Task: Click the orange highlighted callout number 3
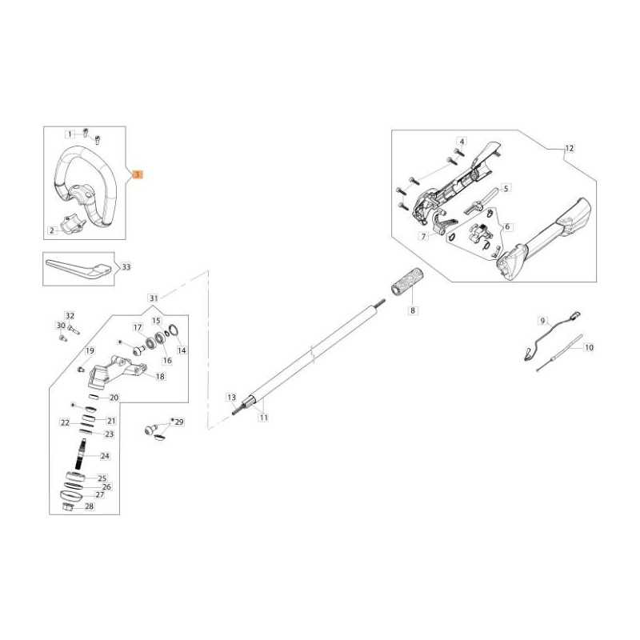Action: [x=138, y=174]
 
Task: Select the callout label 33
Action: [x=126, y=267]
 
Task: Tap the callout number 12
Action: [x=570, y=149]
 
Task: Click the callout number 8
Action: [x=413, y=310]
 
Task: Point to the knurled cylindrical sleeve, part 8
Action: [x=406, y=282]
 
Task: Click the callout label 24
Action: [x=105, y=455]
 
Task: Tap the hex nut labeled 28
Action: [x=67, y=506]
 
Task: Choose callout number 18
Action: [x=161, y=376]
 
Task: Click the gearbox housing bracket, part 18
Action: [x=115, y=371]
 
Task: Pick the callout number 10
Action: [x=589, y=348]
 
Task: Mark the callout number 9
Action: [x=543, y=321]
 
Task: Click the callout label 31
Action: [x=154, y=298]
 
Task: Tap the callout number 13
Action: [x=232, y=398]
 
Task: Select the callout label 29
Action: [x=179, y=422]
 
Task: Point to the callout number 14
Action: [x=182, y=350]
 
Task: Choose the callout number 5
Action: [x=506, y=189]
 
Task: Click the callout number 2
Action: [x=52, y=230]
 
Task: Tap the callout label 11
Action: [x=264, y=418]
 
